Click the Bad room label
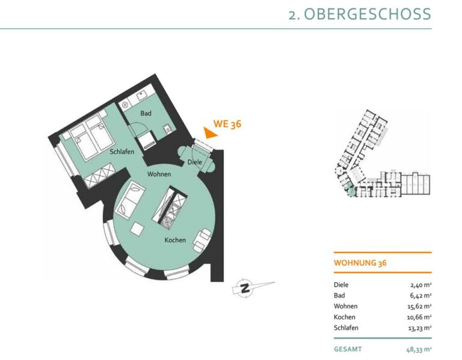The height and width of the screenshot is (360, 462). tap(146, 113)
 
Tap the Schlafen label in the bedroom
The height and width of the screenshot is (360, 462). tap(122, 152)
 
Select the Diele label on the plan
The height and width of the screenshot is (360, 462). tap(195, 162)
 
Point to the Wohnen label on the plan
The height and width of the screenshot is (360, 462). tap(159, 174)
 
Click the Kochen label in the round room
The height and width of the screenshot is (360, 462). tap(175, 240)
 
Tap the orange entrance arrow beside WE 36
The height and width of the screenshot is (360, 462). tap(209, 132)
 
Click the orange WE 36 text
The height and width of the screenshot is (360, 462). tap(227, 124)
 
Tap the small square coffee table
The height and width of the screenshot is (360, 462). tap(137, 229)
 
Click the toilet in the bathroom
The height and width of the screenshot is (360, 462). tap(167, 129)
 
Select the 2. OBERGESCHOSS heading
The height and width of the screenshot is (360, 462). tap(360, 14)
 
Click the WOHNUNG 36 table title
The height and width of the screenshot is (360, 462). tap(360, 262)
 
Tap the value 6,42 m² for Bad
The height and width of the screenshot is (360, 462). tap(420, 296)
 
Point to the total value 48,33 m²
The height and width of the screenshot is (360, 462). tap(419, 350)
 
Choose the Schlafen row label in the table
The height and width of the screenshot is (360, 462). tap(346, 328)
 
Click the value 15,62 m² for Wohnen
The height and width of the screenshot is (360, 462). tap(419, 306)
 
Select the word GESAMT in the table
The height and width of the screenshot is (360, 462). tap(348, 349)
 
